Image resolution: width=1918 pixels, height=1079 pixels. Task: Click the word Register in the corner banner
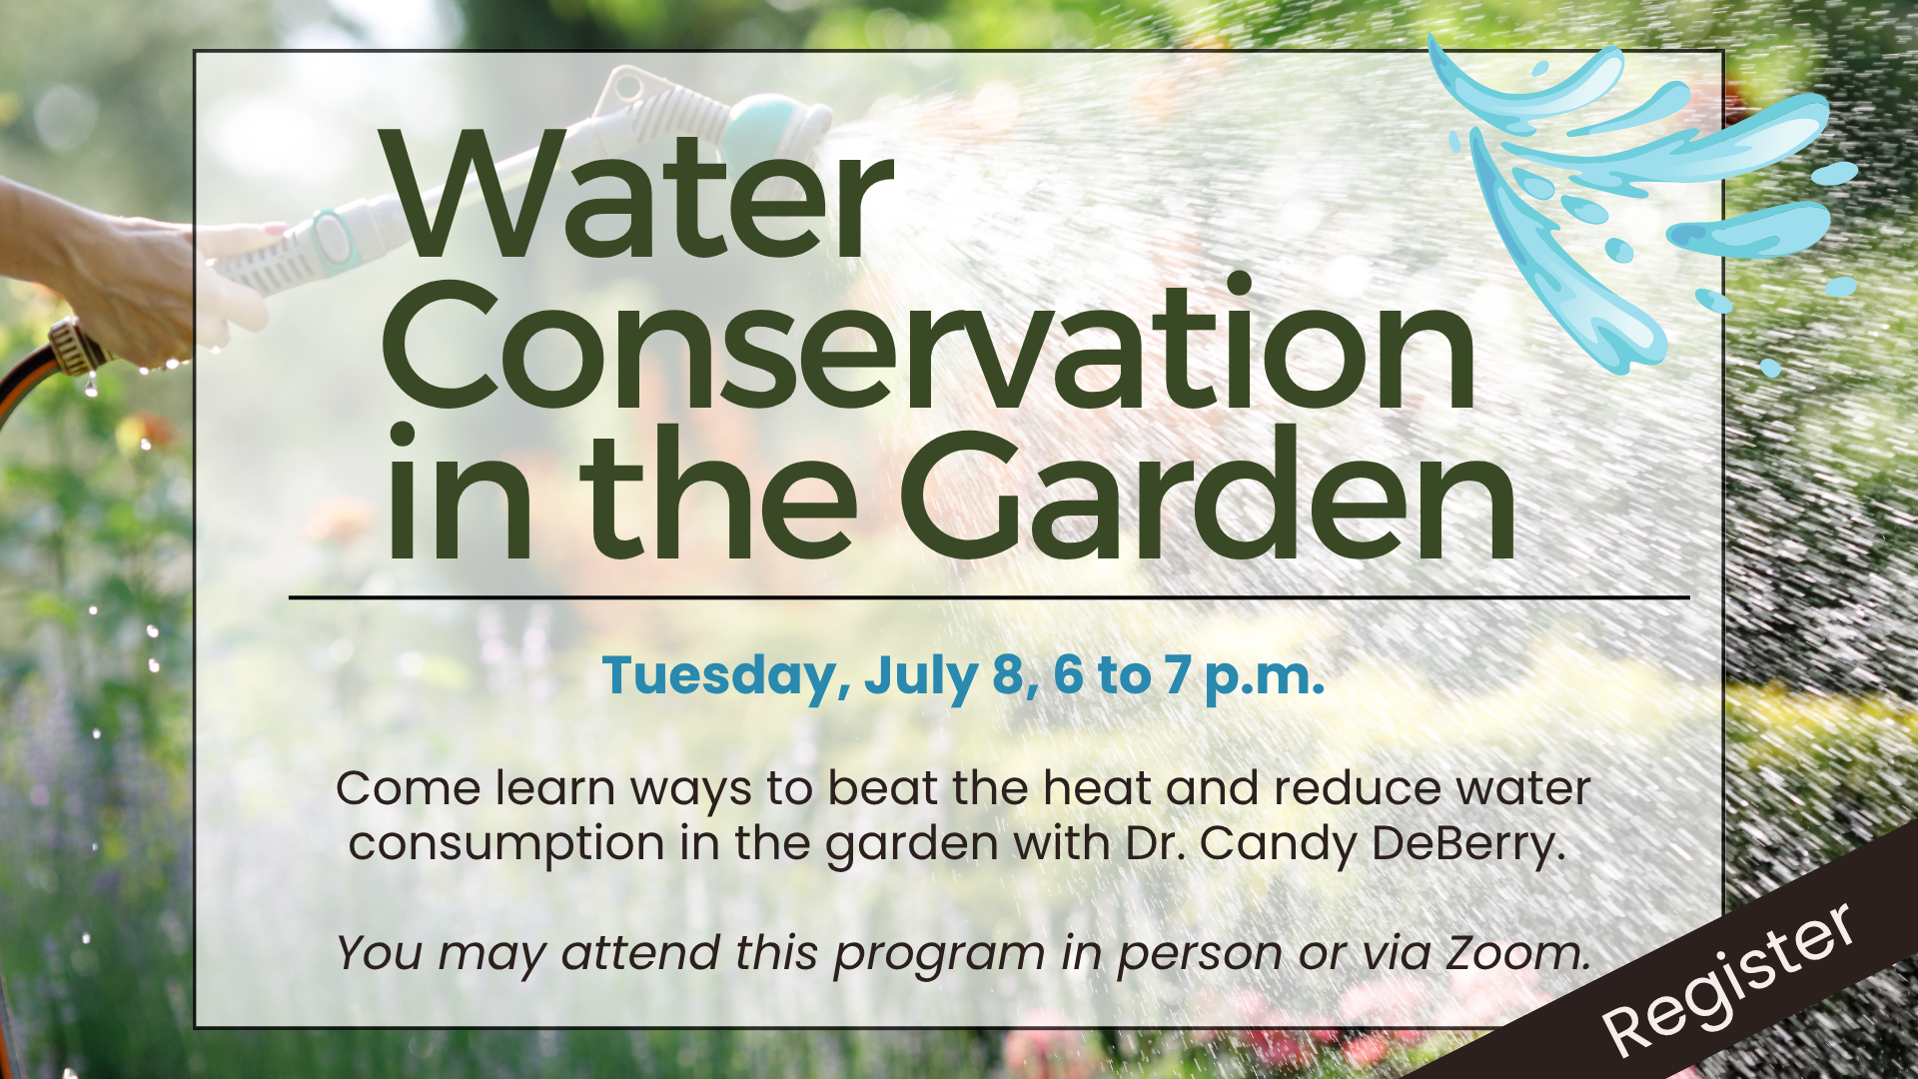pyautogui.click(x=1729, y=978)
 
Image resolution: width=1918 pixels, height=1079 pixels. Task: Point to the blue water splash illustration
pyautogui.click(x=1638, y=200)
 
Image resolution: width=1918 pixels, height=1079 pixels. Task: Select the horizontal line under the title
pyautogui.click(x=989, y=598)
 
